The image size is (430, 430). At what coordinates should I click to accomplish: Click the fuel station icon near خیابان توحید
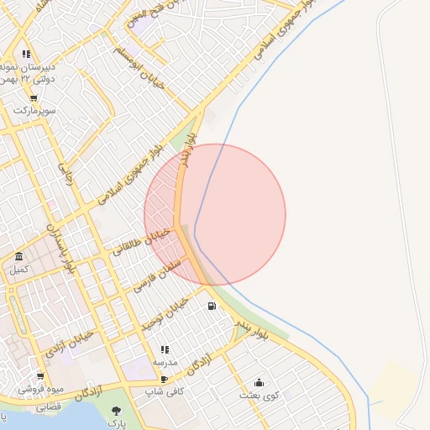(211, 306)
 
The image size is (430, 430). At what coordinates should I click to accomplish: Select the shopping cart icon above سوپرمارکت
(33, 97)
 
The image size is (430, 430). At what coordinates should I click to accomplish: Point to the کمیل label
(18, 270)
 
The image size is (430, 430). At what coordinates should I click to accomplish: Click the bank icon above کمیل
(18, 257)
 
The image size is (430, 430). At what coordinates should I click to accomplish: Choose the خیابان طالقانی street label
(141, 241)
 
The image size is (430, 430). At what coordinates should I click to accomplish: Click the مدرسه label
(165, 363)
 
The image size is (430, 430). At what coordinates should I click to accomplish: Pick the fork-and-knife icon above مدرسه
(165, 349)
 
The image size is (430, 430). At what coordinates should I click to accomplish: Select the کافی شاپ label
(164, 391)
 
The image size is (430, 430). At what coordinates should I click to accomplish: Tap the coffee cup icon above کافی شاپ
(164, 379)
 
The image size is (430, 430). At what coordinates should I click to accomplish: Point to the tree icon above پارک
(116, 411)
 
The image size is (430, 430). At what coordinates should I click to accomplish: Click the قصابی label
(47, 406)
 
